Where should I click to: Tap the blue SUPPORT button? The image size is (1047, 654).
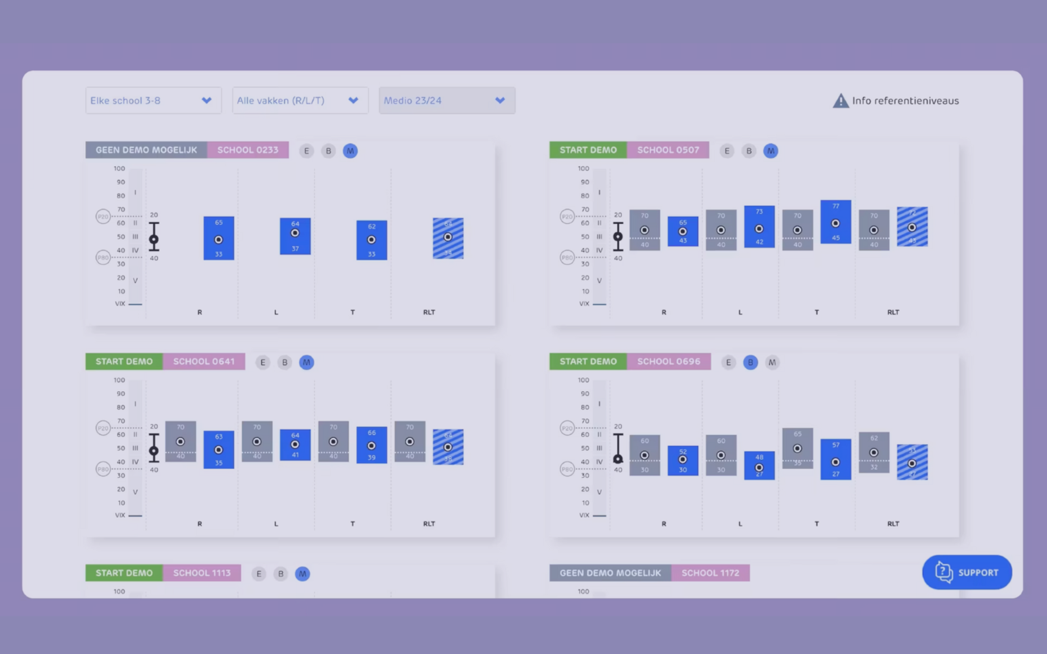coord(967,572)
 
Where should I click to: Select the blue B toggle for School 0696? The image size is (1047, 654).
coord(750,362)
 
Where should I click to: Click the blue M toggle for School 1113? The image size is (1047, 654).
coord(302,574)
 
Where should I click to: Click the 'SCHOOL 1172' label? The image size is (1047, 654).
coord(710,573)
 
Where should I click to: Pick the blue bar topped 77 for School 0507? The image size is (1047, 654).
coord(835,222)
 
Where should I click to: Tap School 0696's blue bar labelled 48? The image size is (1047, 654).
coord(759,465)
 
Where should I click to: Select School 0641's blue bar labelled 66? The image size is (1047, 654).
coord(372,445)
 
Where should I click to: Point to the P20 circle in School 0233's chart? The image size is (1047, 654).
coord(103,216)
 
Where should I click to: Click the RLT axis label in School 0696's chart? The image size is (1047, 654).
coord(893,524)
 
